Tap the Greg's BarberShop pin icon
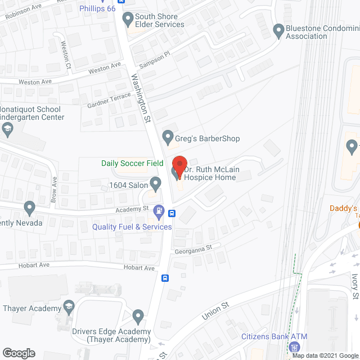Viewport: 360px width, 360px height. [167, 136]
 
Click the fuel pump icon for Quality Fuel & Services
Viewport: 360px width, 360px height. [159, 213]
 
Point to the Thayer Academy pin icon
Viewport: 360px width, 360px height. [69, 307]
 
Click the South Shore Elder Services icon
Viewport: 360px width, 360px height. [127, 17]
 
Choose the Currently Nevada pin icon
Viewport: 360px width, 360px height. [29, 209]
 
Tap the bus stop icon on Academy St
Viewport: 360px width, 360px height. [172, 213]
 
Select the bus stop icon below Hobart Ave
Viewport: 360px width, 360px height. [165, 278]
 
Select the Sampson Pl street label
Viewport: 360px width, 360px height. [155, 58]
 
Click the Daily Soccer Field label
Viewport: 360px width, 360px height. [132, 163]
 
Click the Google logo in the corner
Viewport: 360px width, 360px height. [19, 353]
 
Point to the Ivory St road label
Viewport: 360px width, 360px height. [355, 287]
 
